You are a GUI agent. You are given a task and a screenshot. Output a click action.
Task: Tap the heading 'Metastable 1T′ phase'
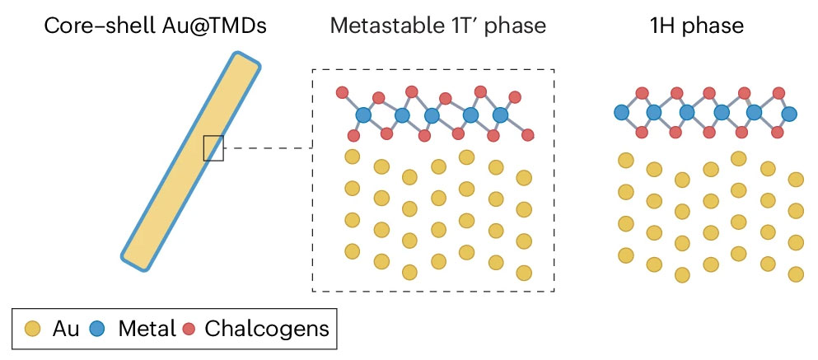[x=437, y=26]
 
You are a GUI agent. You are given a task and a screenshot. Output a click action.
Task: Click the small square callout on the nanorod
[x=213, y=147]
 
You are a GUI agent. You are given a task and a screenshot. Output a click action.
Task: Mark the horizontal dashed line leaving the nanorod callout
[x=268, y=148]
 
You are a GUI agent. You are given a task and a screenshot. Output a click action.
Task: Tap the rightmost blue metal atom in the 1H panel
[x=789, y=113]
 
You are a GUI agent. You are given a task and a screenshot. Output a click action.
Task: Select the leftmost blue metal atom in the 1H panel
[x=622, y=112]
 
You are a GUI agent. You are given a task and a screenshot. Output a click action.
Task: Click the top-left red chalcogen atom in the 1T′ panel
[x=344, y=91]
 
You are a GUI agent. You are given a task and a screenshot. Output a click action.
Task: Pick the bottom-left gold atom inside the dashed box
[x=353, y=250]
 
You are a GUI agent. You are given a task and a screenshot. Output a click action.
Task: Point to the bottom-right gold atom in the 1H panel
[x=796, y=274]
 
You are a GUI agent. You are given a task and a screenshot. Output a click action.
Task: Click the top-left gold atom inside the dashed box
[x=353, y=157]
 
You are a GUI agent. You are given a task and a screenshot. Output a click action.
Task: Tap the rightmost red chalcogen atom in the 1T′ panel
[x=529, y=133]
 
